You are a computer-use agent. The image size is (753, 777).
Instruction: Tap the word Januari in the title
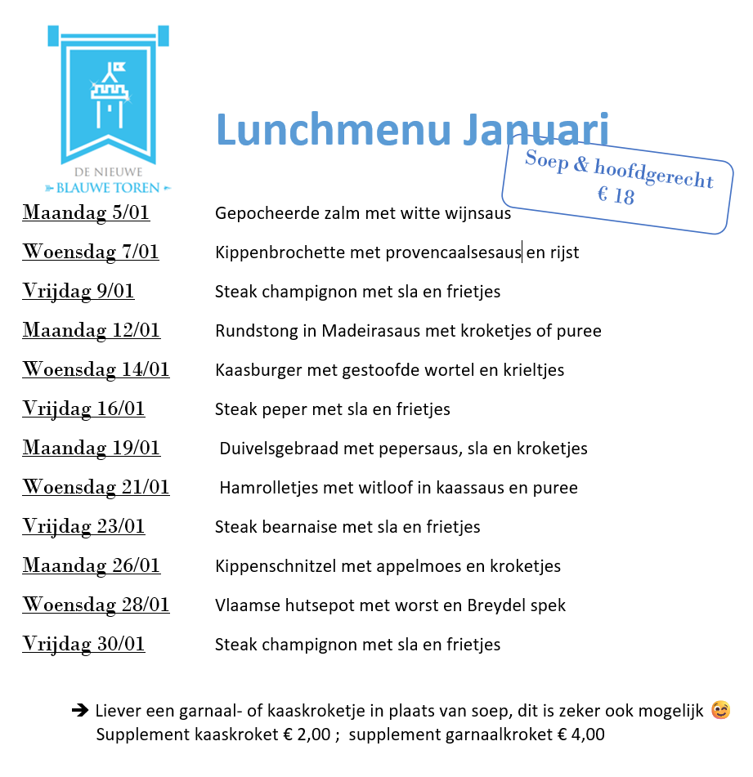tap(540, 131)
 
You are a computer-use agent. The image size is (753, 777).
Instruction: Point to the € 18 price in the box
tap(616, 196)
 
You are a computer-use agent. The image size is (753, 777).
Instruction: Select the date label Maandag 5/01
tap(86, 213)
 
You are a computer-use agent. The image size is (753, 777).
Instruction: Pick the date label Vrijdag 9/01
tap(78, 292)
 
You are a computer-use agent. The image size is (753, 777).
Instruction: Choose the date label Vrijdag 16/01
tap(83, 409)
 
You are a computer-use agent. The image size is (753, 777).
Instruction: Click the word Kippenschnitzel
tap(271, 566)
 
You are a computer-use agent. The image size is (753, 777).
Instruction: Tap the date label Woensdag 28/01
tap(96, 605)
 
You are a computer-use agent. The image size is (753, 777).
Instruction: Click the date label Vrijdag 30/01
tap(83, 645)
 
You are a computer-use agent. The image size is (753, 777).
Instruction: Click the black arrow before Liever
tap(80, 711)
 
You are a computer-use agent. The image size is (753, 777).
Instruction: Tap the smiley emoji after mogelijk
tap(720, 711)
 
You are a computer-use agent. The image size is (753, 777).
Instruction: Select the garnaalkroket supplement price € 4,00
tap(581, 735)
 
